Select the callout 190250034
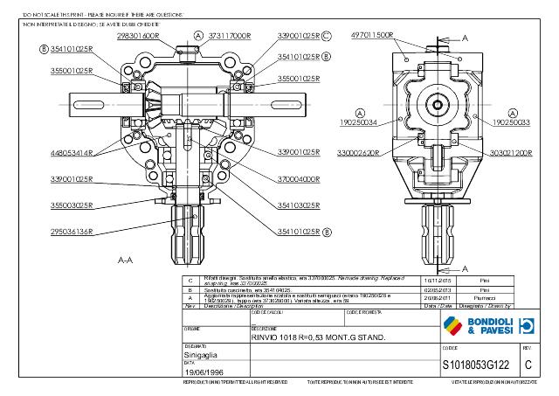358,123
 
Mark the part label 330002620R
359,152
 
